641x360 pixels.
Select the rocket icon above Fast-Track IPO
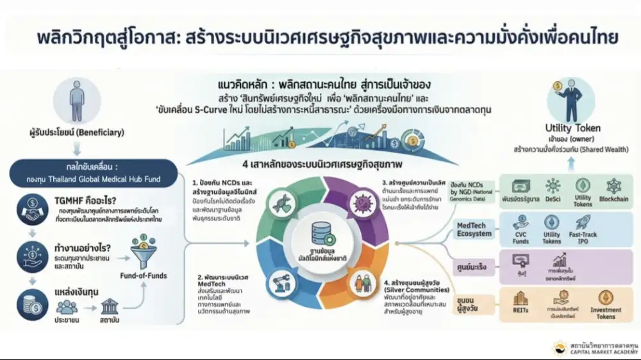tap(583, 222)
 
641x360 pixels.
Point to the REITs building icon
tap(520, 299)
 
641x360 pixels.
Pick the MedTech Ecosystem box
tap(474, 229)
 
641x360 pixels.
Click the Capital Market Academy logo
tap(558, 348)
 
